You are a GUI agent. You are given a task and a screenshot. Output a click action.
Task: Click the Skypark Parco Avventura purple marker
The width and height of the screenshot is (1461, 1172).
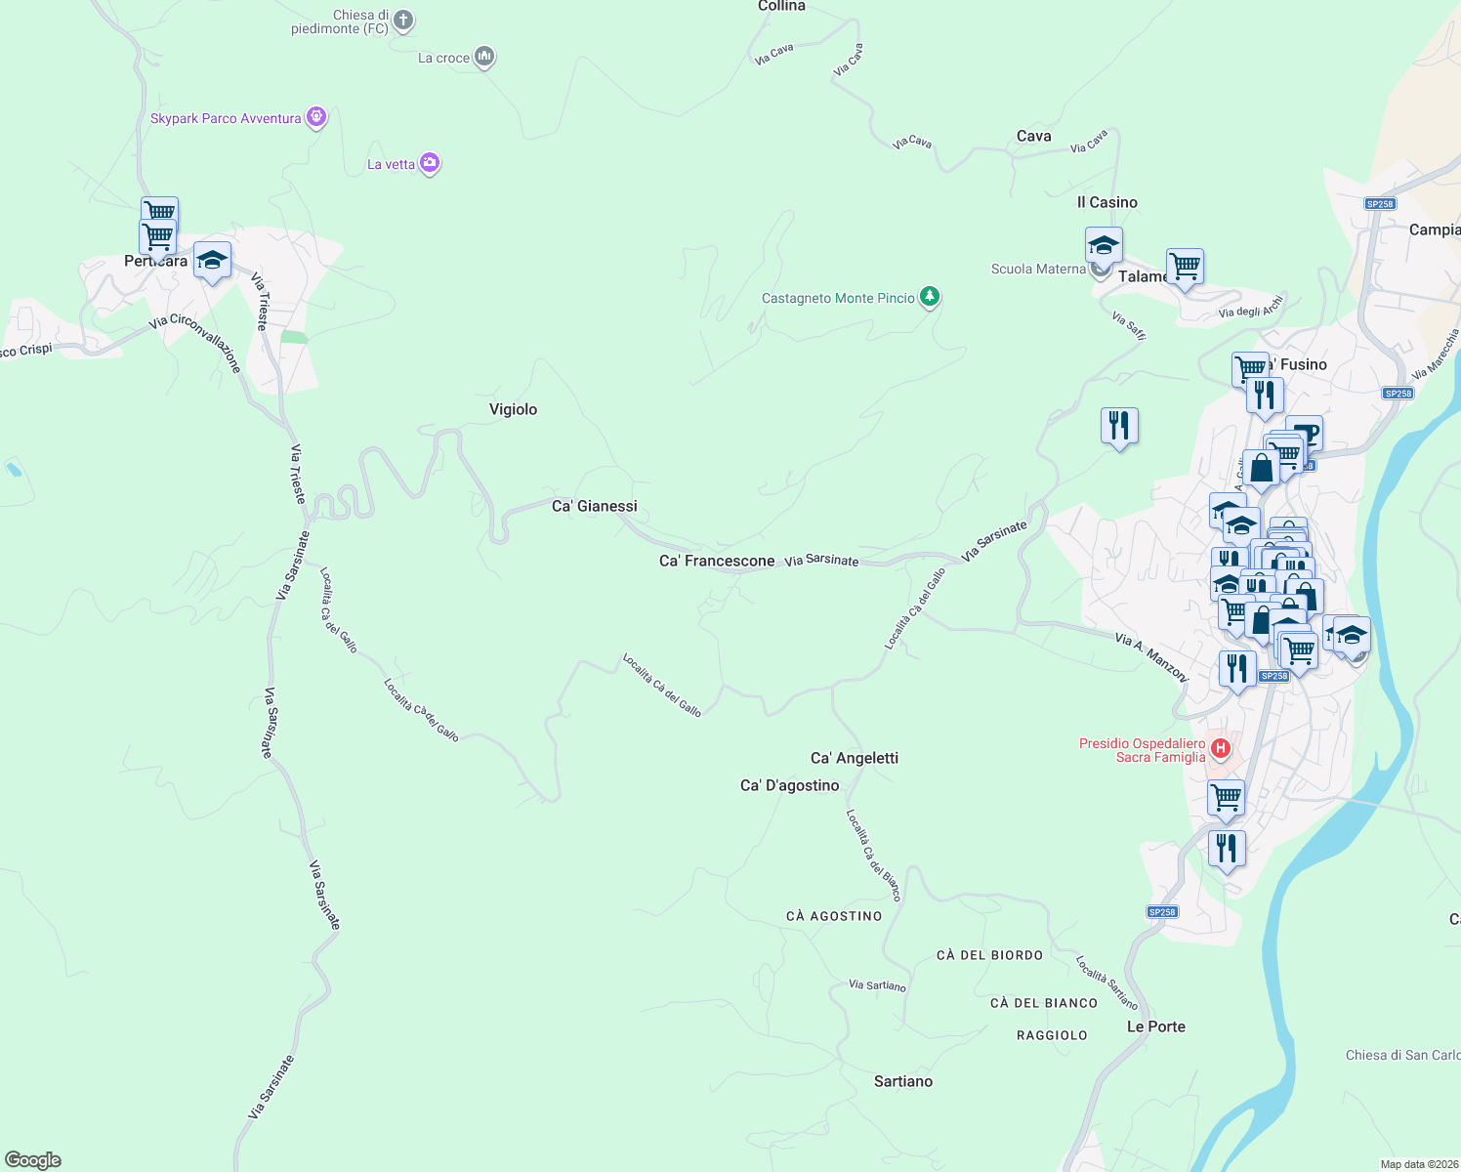click(316, 117)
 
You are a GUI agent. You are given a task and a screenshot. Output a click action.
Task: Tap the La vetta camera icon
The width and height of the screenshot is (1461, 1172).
click(430, 163)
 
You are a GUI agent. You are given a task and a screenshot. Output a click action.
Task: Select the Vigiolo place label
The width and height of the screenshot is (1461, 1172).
click(513, 409)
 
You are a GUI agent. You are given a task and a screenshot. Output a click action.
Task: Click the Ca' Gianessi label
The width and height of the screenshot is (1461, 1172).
click(594, 506)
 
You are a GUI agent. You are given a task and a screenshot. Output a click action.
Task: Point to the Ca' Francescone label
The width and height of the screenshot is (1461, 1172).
click(717, 561)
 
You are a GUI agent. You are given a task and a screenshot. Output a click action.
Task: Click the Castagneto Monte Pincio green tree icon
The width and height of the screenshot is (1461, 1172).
click(930, 296)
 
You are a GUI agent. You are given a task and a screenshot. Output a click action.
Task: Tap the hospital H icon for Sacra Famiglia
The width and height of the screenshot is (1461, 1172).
click(1220, 749)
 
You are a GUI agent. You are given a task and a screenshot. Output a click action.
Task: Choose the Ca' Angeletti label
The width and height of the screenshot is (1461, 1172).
click(855, 758)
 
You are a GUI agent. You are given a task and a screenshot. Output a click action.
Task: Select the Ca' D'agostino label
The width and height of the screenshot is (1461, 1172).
click(789, 785)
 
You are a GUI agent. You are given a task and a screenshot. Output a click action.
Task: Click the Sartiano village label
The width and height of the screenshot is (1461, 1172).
click(902, 1081)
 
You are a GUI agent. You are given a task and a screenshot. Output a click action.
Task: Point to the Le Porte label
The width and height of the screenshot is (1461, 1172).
click(1155, 1026)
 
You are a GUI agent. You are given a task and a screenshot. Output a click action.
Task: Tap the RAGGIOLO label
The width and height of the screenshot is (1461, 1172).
click(1052, 1035)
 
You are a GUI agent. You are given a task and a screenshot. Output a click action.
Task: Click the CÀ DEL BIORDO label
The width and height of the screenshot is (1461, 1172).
click(989, 955)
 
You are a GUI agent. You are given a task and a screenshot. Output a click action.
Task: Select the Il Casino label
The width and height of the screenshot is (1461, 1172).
click(1106, 202)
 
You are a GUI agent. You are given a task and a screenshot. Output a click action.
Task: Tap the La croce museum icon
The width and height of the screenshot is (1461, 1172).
click(483, 57)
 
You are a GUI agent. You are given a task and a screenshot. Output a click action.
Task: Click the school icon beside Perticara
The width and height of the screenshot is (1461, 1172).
click(212, 260)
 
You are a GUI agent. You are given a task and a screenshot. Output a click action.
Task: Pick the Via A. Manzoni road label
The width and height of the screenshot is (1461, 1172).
click(1151, 656)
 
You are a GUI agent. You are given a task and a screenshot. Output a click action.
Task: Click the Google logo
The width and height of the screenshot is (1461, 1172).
click(33, 1160)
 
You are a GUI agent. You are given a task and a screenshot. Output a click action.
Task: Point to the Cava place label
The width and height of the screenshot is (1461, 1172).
click(1033, 136)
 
